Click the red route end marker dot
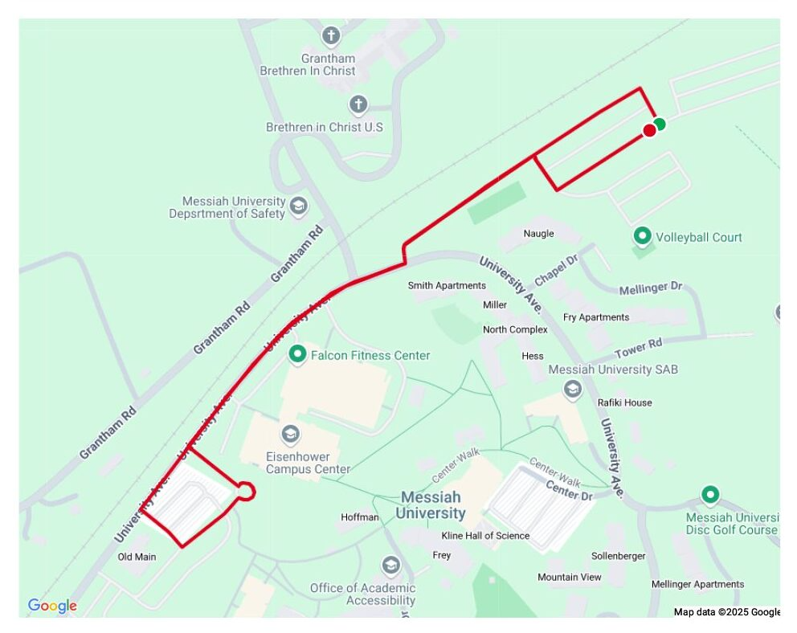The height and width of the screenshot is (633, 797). pos(649,130)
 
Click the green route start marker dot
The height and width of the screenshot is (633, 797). pos(660,124)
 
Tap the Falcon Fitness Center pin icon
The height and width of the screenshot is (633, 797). pos(298,353)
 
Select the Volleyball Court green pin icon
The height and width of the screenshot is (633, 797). pos(642,236)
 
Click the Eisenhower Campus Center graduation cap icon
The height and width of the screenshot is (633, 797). pos(290,435)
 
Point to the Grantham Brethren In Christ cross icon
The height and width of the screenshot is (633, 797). pos(330,35)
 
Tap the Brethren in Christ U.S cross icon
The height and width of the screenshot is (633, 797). pos(358,104)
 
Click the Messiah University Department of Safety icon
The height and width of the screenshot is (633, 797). pos(299,206)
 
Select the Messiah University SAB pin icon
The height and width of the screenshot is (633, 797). pos(573,390)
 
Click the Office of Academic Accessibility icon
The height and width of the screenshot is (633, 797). pos(391,566)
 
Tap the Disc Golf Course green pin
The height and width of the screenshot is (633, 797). pos(709,495)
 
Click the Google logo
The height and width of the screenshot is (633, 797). pos(52,606)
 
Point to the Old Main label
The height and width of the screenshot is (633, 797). pos(137,557)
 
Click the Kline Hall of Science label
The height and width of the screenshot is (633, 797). pos(485,536)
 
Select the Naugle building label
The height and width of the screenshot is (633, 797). pos(538,234)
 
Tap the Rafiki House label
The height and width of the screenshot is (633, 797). pos(624,402)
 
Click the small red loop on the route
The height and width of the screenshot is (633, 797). pos(247,491)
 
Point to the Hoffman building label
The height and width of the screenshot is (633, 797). pos(359,517)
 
